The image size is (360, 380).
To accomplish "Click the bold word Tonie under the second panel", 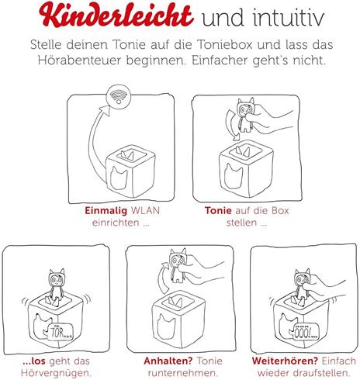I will point(218,209).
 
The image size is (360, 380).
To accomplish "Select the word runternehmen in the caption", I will point(178,373).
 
